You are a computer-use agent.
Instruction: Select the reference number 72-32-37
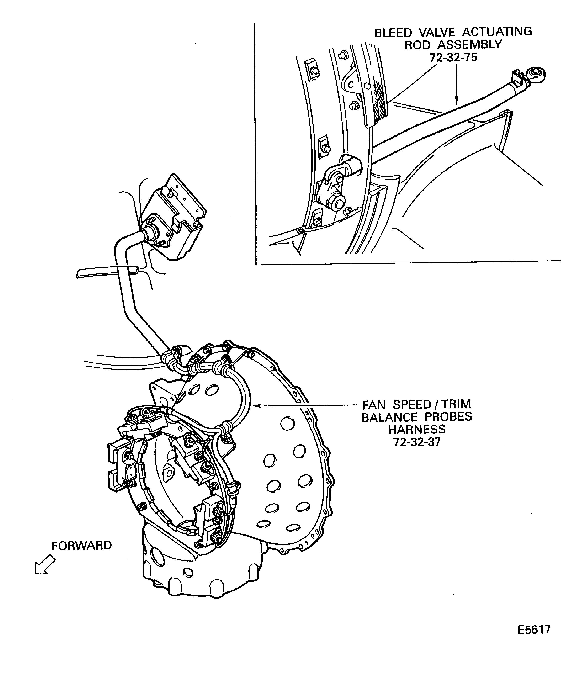point(417,442)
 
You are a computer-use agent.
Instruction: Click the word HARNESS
point(417,429)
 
